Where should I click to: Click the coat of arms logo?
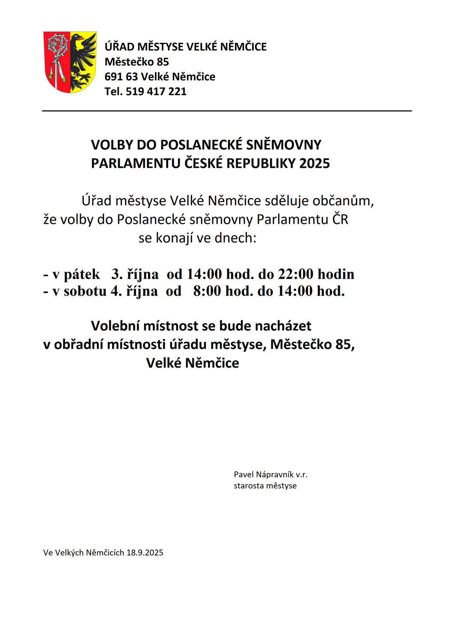tap(70, 62)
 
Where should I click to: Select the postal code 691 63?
tap(121, 77)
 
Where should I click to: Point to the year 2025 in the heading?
tap(315, 163)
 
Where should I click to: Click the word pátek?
tap(82, 274)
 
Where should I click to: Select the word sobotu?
tap(85, 291)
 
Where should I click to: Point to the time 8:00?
tap(207, 291)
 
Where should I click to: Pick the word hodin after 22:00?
tap(336, 274)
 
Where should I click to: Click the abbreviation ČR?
tap(340, 220)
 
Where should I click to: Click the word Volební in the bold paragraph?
tap(115, 326)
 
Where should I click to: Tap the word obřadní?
tap(78, 345)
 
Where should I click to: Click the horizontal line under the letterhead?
tap(227, 111)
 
